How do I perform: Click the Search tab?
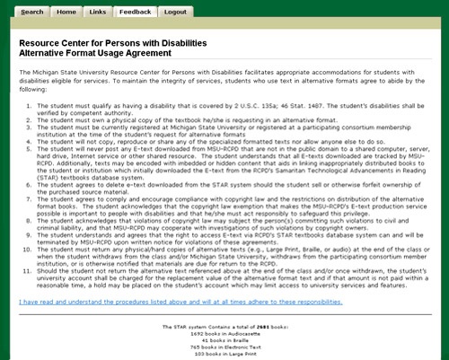(32, 13)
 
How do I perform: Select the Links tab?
(98, 13)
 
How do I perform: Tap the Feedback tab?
(135, 13)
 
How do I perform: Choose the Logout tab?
(175, 13)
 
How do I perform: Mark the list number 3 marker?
(30, 127)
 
